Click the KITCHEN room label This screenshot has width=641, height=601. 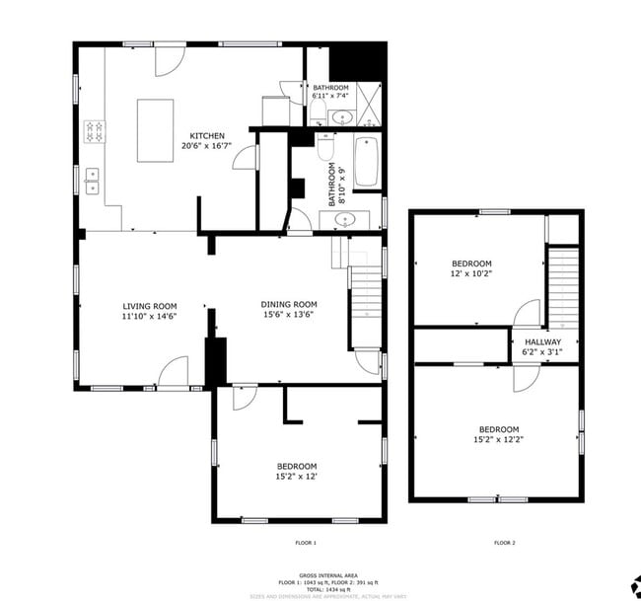point(207,136)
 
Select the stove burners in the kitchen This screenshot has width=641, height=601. point(96,130)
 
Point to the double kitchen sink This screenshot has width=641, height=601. point(94,178)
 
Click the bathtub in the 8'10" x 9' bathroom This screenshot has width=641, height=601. point(367,162)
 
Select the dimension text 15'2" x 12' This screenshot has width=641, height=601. point(296,477)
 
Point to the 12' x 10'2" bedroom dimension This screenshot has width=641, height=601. point(471,273)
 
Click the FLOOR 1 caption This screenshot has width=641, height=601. point(306,543)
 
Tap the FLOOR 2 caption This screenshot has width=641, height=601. point(504,543)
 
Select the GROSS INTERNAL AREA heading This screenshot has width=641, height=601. point(329,575)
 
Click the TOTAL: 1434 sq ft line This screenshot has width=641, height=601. point(329,588)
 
